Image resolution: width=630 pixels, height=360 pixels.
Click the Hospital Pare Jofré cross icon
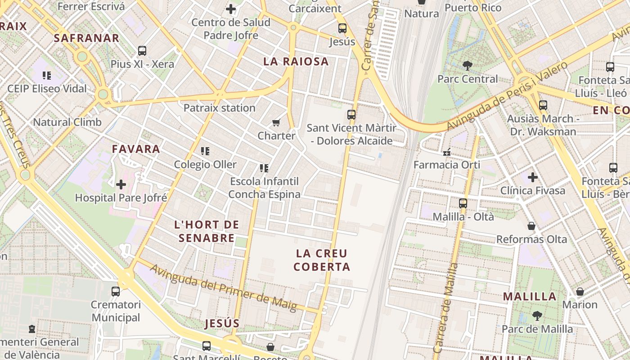pyautogui.click(x=121, y=184)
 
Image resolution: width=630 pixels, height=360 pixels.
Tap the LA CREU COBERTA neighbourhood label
pyautogui.click(x=322, y=260)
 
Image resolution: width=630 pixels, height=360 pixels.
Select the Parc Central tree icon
pyautogui.click(x=468, y=66)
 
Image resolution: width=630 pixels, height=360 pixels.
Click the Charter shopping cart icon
pyautogui.click(x=276, y=122)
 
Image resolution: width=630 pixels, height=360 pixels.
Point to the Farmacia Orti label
pyautogui.click(x=447, y=165)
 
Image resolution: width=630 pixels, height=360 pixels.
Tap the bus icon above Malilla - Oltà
pyautogui.click(x=463, y=203)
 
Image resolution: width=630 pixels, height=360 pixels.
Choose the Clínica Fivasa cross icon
pyautogui.click(x=533, y=177)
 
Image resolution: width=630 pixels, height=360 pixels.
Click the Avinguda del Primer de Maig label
pyautogui.click(x=223, y=288)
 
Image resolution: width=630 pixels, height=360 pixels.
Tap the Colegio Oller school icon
pyautogui.click(x=205, y=151)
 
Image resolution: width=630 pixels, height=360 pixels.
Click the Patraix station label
pyautogui.click(x=219, y=108)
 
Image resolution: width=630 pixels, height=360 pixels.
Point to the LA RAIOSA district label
pyautogui.click(x=296, y=62)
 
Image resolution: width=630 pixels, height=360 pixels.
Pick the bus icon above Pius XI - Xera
pyautogui.click(x=142, y=51)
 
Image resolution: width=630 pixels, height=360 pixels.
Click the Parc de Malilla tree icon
pyautogui.click(x=537, y=315)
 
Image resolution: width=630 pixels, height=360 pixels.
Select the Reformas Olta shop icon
pyautogui.click(x=531, y=226)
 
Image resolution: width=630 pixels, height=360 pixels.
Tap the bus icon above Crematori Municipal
pyautogui.click(x=116, y=291)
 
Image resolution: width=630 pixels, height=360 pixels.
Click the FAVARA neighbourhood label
pyautogui.click(x=136, y=149)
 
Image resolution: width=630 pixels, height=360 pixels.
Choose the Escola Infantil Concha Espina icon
pyautogui.click(x=264, y=168)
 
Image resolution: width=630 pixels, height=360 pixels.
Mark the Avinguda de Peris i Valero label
pyautogui.click(x=507, y=97)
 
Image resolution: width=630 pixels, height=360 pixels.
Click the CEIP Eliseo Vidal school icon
pyautogui.click(x=47, y=76)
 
